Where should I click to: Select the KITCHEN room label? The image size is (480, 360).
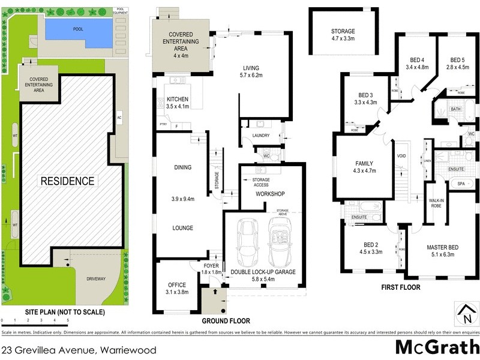point(178,99)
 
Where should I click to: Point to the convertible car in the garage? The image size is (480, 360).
point(279,242)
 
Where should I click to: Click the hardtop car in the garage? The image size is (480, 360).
point(247,242)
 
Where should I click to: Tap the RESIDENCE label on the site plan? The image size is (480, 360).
point(67,181)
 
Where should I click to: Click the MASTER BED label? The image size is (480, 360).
point(443,247)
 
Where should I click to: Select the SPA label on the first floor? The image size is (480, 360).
point(461,184)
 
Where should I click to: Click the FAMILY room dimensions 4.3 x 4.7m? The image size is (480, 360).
point(364,170)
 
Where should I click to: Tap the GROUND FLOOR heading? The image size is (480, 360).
point(225,321)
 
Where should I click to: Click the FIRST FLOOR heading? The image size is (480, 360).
point(401,287)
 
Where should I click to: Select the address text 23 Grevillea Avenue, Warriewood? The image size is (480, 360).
point(79,350)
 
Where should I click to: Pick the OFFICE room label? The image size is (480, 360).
point(177,285)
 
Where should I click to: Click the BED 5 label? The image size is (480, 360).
point(459,60)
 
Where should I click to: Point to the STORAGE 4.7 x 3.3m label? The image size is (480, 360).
point(343,31)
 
